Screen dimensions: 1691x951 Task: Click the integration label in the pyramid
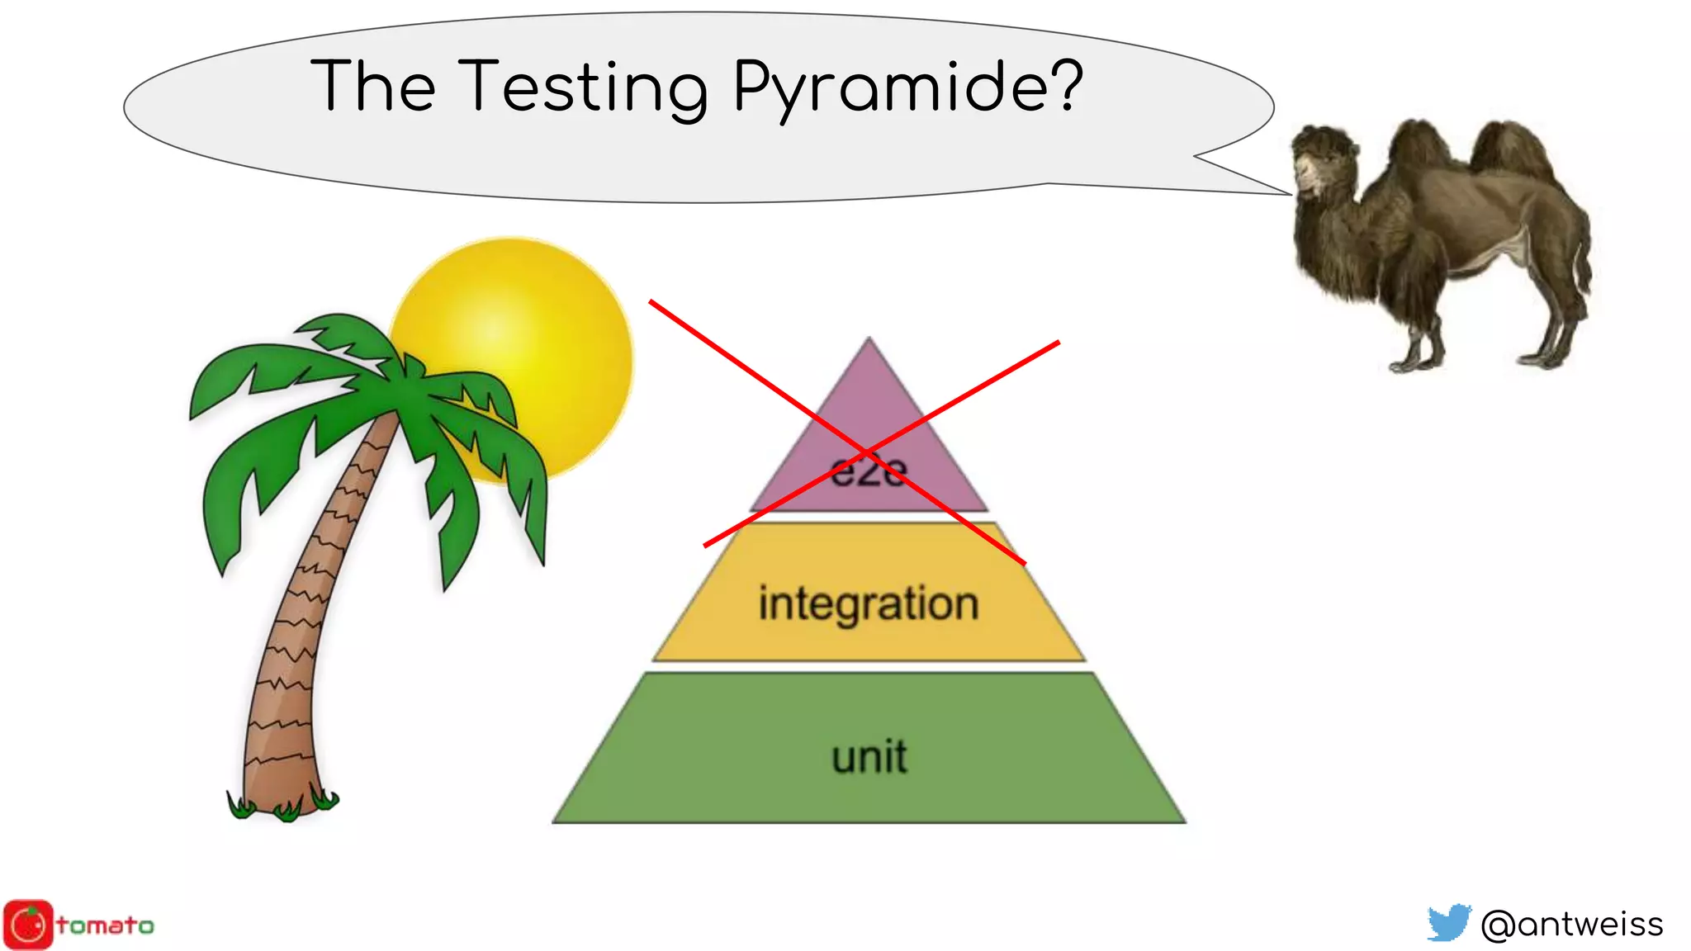(x=869, y=603)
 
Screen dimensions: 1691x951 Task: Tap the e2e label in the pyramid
(x=869, y=472)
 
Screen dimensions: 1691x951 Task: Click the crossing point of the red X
(x=867, y=452)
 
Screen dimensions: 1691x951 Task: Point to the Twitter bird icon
(x=1449, y=923)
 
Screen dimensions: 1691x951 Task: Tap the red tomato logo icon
(x=28, y=925)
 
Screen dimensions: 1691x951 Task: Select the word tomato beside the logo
(x=106, y=925)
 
